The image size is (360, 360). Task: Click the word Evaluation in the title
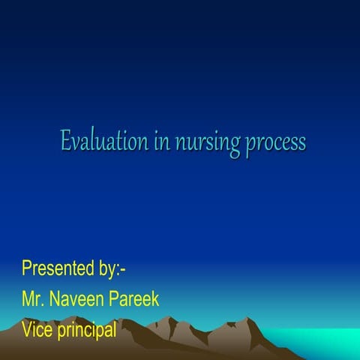(x=104, y=141)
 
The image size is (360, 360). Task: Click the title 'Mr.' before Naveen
(x=34, y=299)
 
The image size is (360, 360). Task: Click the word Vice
(x=37, y=329)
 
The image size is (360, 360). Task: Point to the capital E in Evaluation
(x=66, y=141)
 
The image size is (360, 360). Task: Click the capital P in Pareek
(x=117, y=299)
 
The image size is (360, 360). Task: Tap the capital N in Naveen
(x=55, y=299)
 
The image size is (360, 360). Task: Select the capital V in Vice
(x=27, y=329)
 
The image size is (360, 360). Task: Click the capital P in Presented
(x=27, y=268)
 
